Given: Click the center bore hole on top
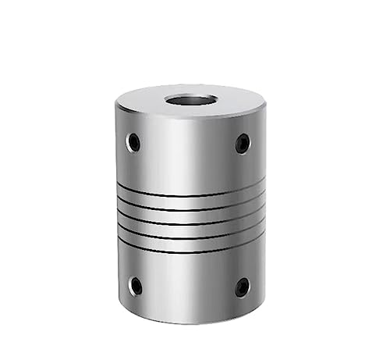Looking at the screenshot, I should (x=190, y=101).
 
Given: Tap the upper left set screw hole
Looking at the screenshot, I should (x=134, y=142).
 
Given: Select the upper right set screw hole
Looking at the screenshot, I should (x=243, y=144).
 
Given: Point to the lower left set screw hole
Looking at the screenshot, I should (x=136, y=286).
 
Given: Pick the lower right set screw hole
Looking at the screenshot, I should (x=243, y=287).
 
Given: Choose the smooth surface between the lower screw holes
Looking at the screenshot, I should (x=189, y=285).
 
